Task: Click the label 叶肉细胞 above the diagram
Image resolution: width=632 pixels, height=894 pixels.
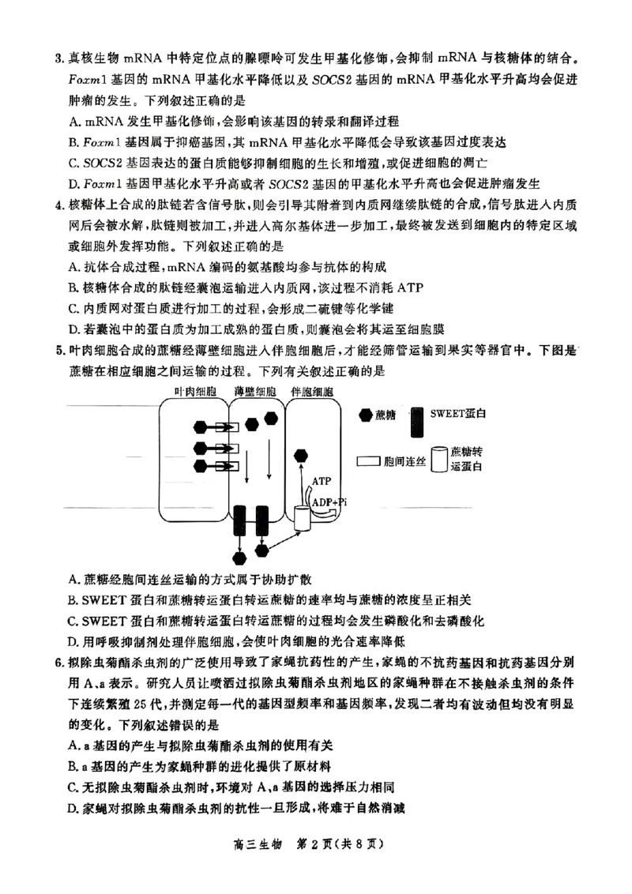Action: click(195, 391)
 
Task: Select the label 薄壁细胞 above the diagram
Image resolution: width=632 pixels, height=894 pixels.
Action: click(254, 391)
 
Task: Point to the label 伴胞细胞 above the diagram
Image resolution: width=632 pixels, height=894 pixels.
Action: click(312, 391)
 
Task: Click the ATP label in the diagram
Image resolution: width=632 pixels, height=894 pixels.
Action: click(322, 480)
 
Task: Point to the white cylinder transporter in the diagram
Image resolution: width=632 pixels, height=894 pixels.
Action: click(303, 516)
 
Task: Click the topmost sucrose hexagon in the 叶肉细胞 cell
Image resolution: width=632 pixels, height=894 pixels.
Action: click(201, 428)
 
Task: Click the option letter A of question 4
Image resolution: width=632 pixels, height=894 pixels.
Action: click(73, 267)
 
